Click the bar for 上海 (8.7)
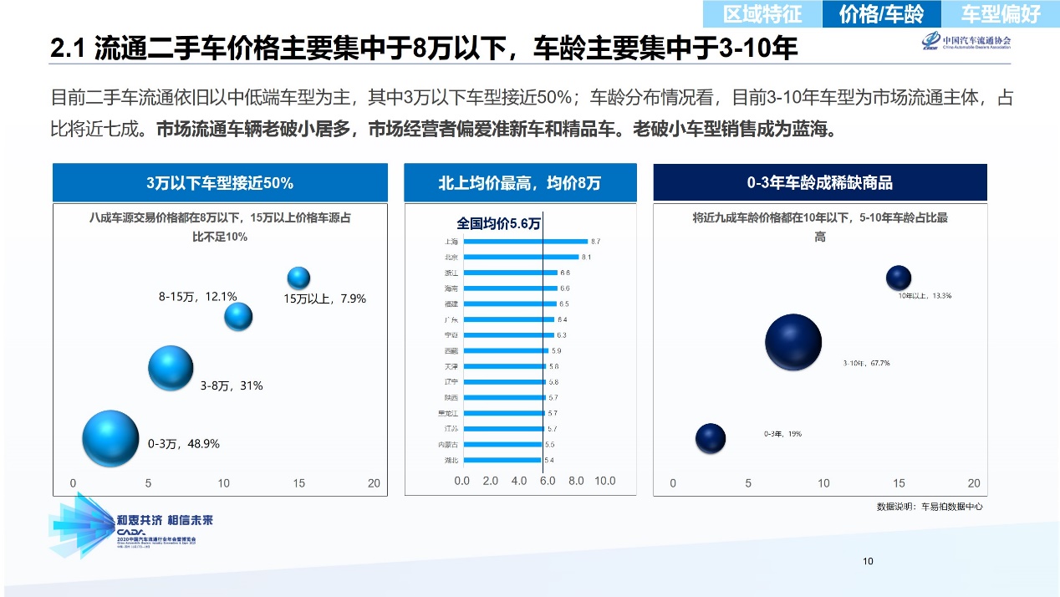(x=525, y=241)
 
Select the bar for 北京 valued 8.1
(x=521, y=257)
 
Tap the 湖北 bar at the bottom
(x=502, y=460)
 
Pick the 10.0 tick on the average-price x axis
(x=604, y=481)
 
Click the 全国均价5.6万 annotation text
(x=498, y=224)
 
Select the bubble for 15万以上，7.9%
(x=298, y=278)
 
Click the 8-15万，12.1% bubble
(x=238, y=316)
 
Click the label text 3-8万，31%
(x=232, y=385)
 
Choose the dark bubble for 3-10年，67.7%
(x=793, y=342)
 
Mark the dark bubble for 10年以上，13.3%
(x=898, y=278)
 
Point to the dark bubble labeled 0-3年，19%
(x=711, y=436)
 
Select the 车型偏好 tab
(x=1000, y=14)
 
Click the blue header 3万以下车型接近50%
(x=220, y=182)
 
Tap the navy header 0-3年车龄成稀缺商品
(x=819, y=182)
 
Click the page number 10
(x=868, y=561)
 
